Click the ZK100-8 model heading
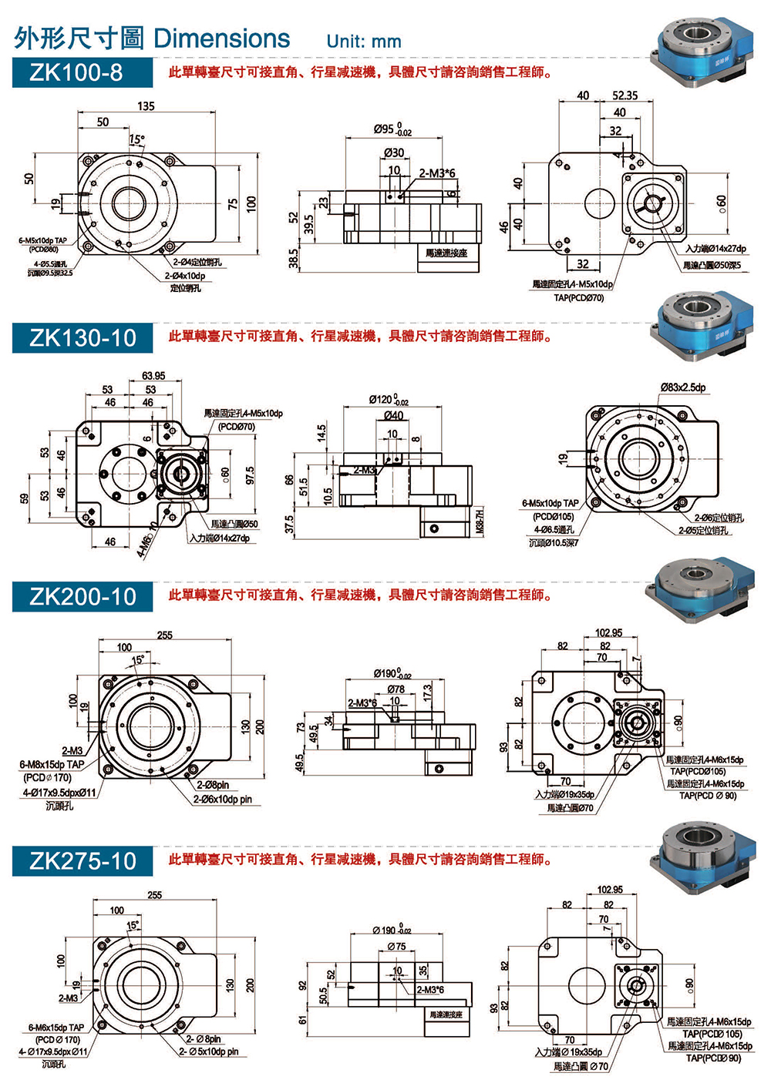click(x=76, y=72)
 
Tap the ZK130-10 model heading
click(x=82, y=338)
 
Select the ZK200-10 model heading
click(x=82, y=597)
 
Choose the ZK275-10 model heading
click(x=82, y=861)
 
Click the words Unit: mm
click(x=363, y=42)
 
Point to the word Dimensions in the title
click(x=221, y=39)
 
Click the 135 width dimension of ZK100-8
click(x=146, y=106)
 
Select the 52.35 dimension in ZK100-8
click(x=625, y=96)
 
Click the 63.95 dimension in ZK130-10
click(x=153, y=376)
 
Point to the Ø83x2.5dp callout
click(x=682, y=387)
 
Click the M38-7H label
click(x=480, y=521)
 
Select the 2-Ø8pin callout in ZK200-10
click(x=213, y=785)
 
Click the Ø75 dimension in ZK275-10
click(x=396, y=946)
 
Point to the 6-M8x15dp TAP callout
click(x=52, y=765)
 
